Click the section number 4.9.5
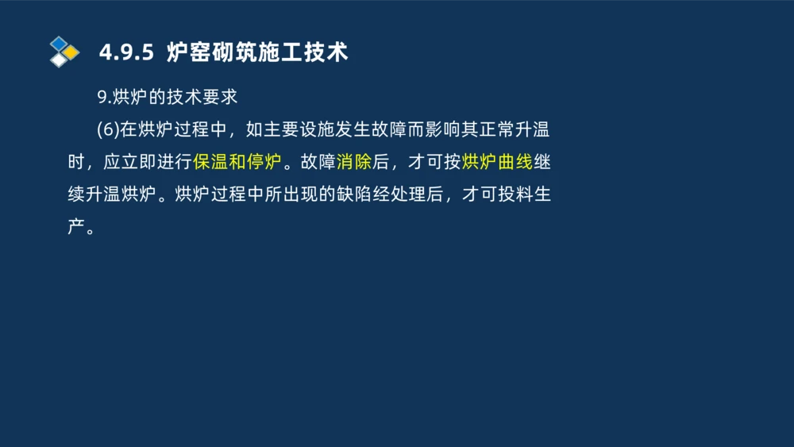[125, 52]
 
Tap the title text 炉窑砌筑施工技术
[257, 52]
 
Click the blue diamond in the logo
[59, 43]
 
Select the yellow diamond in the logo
[71, 52]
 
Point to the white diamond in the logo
[59, 60]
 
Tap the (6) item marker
[107, 129]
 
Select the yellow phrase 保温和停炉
[237, 162]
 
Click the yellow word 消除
[353, 162]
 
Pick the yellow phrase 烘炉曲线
[496, 162]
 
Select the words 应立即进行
[148, 162]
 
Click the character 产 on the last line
[76, 228]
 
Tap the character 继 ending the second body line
[542, 162]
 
